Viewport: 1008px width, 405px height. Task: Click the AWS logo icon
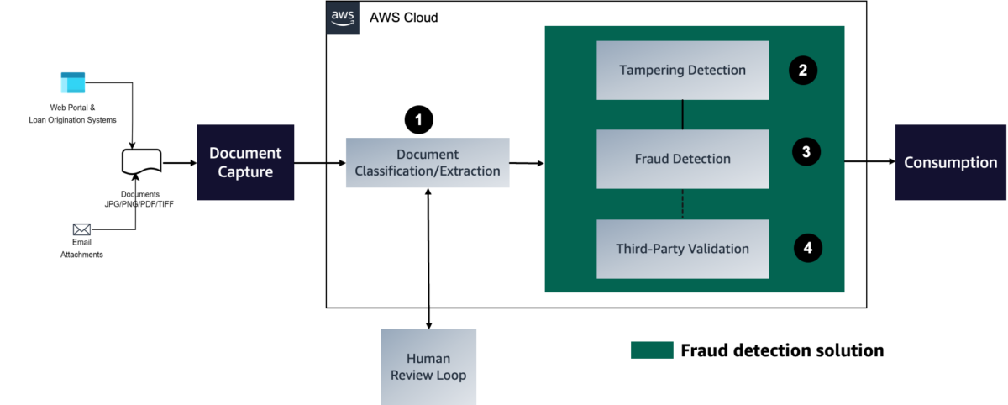coord(343,18)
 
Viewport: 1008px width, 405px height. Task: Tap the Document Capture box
coord(245,162)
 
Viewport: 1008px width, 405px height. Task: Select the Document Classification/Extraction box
coord(428,162)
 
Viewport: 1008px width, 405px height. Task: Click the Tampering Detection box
coord(683,71)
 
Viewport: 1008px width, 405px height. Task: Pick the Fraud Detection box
coord(683,159)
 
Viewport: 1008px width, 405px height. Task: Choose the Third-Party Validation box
coord(683,249)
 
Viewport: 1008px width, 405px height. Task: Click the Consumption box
coord(950,162)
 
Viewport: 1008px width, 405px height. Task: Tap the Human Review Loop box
coord(428,366)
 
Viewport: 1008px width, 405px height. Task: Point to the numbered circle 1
coord(419,119)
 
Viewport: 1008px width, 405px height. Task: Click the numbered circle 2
coord(803,71)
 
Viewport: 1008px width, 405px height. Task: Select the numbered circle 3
coord(806,151)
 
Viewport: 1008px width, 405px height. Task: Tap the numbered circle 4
coord(808,248)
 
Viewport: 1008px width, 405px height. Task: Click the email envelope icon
coord(81,229)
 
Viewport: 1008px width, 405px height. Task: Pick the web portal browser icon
coord(73,83)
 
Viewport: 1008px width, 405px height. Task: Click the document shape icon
coord(142,161)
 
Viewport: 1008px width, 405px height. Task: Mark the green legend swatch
coord(652,350)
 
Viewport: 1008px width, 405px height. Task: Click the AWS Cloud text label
coord(404,18)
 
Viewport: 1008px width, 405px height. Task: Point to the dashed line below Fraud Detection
coord(683,204)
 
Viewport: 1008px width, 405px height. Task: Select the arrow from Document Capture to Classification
coord(320,163)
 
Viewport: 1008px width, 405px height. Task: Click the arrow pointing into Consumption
coord(870,161)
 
